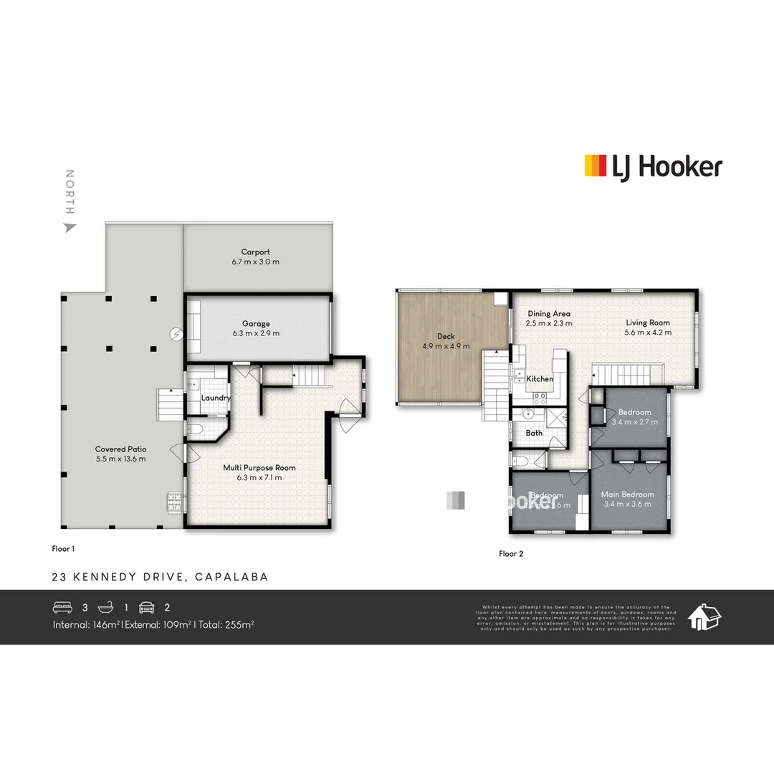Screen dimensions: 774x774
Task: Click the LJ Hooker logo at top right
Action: (653, 166)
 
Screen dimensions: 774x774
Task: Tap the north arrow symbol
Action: (70, 227)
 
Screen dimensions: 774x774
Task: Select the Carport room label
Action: (256, 252)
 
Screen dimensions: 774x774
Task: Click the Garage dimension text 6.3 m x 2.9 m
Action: (256, 333)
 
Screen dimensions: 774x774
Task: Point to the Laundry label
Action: (216, 398)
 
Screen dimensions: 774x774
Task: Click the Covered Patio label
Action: (120, 449)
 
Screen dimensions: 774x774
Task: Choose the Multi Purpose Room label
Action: (259, 468)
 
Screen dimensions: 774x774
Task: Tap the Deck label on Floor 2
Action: (446, 336)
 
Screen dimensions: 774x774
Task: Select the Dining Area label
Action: (548, 314)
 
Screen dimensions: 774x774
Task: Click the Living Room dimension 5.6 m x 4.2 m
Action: (648, 333)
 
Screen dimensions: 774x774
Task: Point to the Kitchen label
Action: (540, 378)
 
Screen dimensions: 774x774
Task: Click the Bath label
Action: (534, 433)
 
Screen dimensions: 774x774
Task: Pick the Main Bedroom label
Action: (627, 494)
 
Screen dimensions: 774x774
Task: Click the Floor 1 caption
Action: (63, 549)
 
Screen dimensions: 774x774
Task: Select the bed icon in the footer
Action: (62, 608)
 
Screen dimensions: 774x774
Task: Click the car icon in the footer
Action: (147, 608)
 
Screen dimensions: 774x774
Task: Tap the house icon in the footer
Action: (704, 616)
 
